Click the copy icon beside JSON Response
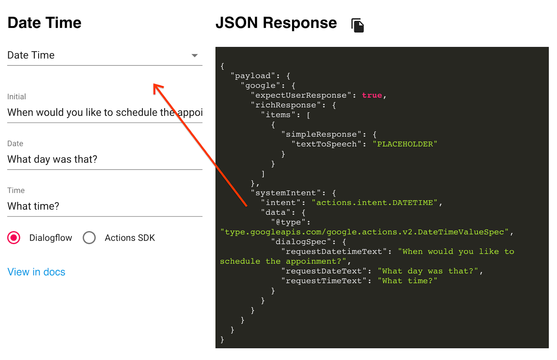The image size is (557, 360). pyautogui.click(x=358, y=25)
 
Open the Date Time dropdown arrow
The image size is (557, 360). pyautogui.click(x=195, y=55)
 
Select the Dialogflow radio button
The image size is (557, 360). pyautogui.click(x=14, y=238)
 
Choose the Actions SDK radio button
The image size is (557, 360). pyautogui.click(x=89, y=238)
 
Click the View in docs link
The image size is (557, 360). pyautogui.click(x=36, y=272)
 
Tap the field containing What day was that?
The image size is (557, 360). pyautogui.click(x=52, y=159)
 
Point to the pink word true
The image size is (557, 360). pyautogui.click(x=372, y=95)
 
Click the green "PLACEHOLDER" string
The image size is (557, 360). pyautogui.click(x=405, y=144)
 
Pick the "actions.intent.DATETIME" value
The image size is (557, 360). pyautogui.click(x=375, y=203)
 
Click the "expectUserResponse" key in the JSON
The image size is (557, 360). pyautogui.click(x=301, y=95)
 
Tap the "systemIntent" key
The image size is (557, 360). pyautogui.click(x=285, y=193)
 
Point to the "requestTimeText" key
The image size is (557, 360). pyautogui.click(x=324, y=281)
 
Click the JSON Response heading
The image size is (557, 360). pyautogui.click(x=276, y=23)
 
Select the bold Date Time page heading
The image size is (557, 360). pyautogui.click(x=44, y=23)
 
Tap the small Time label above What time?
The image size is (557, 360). pyautogui.click(x=16, y=190)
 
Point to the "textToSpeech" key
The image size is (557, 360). pyautogui.click(x=326, y=144)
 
